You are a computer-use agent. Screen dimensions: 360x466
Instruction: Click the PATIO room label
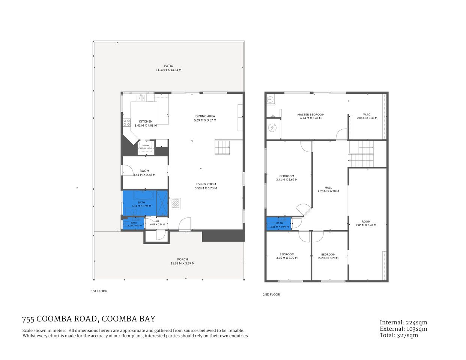tap(168, 66)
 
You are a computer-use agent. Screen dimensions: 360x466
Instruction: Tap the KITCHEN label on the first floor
tap(146, 121)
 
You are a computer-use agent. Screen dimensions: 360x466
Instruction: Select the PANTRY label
tap(146, 145)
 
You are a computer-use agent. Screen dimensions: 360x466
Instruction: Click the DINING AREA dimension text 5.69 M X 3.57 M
tap(205, 120)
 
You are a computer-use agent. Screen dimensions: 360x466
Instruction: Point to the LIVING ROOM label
tap(206, 184)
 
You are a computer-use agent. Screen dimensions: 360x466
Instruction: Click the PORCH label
tap(182, 259)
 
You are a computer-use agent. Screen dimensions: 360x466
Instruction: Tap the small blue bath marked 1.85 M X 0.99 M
tap(279, 225)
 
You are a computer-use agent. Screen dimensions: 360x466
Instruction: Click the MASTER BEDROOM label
tap(311, 114)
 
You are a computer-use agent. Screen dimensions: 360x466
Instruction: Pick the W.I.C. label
tap(367, 114)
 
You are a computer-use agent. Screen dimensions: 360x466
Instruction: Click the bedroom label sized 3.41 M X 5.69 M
tap(287, 176)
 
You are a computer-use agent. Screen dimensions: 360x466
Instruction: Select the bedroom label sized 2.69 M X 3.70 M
tap(328, 255)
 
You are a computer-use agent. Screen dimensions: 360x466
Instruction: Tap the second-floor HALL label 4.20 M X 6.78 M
tap(328, 187)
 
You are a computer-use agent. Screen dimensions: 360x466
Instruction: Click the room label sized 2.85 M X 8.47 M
tap(366, 222)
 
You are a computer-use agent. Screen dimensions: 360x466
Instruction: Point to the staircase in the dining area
tap(222, 147)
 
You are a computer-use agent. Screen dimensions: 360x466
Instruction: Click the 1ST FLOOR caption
tap(99, 291)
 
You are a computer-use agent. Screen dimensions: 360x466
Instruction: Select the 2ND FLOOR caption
tap(271, 294)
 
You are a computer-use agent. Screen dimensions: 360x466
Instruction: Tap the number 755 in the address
tap(28, 319)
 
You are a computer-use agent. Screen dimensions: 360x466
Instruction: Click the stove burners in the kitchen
tap(127, 123)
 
